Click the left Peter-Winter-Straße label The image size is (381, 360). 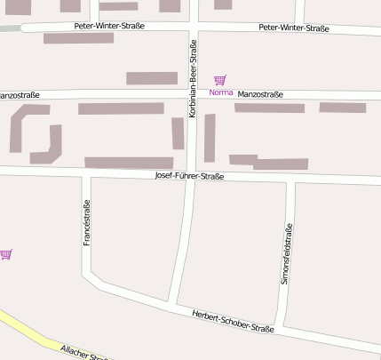pyautogui.click(x=109, y=26)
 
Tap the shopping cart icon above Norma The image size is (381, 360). pyautogui.click(x=219, y=81)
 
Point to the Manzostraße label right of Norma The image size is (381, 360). pyautogui.click(x=260, y=94)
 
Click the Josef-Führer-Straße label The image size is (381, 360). pyautogui.click(x=189, y=176)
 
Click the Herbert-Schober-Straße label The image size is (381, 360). pyautogui.click(x=233, y=321)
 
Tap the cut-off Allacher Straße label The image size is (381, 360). pyautogui.click(x=84, y=352)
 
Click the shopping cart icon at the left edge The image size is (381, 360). pyautogui.click(x=6, y=254)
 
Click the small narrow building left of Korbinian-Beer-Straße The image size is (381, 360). pyautogui.click(x=178, y=133)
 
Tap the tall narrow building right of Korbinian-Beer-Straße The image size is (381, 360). pyautogui.click(x=210, y=137)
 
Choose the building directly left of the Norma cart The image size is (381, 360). pyautogui.click(x=151, y=78)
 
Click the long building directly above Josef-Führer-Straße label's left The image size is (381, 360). pyautogui.click(x=129, y=163)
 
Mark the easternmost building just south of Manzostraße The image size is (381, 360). pyautogui.click(x=342, y=108)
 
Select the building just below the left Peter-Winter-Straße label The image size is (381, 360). pyautogui.click(x=78, y=38)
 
